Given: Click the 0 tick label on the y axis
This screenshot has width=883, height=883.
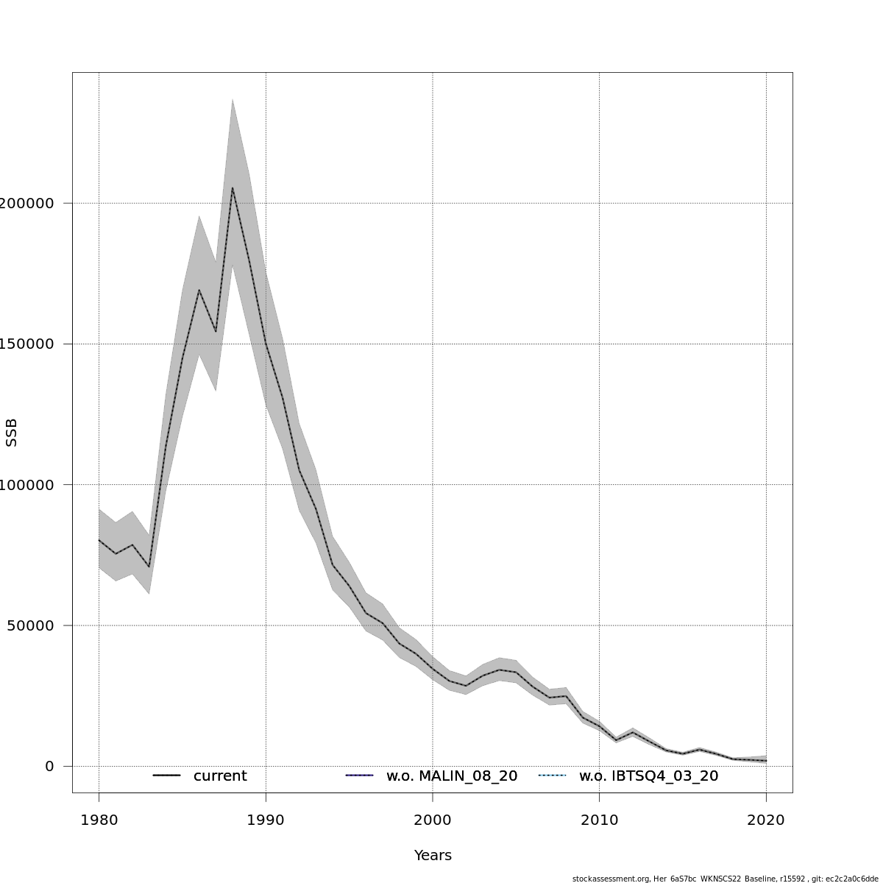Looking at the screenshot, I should (x=49, y=766).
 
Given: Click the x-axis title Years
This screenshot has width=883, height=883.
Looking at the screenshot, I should (x=433, y=856).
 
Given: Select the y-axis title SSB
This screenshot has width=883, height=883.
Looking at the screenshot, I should (x=11, y=433).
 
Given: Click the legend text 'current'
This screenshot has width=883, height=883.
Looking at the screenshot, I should (x=220, y=776).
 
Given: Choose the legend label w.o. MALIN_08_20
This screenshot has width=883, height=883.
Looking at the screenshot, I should (x=452, y=776).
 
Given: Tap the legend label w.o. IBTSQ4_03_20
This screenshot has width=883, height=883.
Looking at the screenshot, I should (x=648, y=776).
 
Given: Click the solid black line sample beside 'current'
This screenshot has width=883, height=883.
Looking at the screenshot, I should (x=167, y=776).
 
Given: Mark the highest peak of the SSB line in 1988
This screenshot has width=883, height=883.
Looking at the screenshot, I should (x=233, y=188).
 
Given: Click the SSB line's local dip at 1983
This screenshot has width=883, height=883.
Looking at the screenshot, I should (x=149, y=567).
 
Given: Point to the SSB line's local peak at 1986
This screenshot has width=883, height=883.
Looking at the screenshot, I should (x=199, y=290).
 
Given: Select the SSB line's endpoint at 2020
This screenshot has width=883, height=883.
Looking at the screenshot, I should (x=766, y=761).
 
